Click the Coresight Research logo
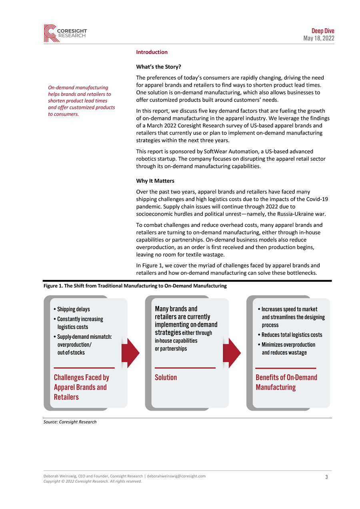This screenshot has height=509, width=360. pos(65,33)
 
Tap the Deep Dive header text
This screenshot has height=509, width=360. pos(323,31)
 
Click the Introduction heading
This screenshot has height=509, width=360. pos(152,52)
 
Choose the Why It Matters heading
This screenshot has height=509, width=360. pos(155,181)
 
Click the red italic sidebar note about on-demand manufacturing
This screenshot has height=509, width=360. pos(81,100)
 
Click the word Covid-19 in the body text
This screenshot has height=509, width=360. pos(315,199)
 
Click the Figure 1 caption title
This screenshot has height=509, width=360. pos(135,286)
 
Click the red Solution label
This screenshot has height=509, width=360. pos(166,377)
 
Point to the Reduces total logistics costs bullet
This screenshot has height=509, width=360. pos(292,335)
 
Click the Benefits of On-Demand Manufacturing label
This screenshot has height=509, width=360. pos(286,382)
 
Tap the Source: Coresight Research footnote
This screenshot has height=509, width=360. pos(70,422)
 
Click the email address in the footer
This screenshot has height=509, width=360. pos(176,476)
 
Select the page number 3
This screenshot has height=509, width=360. pos(326,477)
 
